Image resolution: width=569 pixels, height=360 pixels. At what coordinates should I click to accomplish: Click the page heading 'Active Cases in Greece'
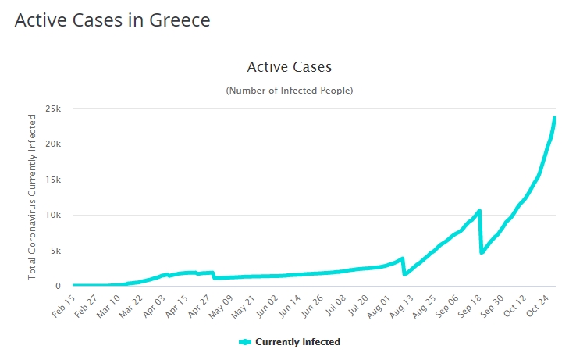coord(112,20)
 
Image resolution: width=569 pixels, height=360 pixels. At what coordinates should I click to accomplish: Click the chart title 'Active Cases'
coord(290,67)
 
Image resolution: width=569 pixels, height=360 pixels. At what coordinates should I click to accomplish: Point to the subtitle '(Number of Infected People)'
coord(290,91)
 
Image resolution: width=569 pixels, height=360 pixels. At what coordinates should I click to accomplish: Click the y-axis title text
coord(32,197)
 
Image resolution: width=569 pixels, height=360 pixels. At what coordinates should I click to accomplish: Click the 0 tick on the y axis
coord(57,287)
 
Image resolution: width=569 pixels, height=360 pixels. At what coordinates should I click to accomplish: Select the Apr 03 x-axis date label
coord(155,305)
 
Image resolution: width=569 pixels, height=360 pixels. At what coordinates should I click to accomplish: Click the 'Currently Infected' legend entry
coord(290,342)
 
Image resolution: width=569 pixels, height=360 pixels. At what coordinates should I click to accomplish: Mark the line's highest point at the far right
coord(554,118)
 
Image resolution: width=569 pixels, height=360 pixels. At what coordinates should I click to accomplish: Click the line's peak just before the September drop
coord(479,210)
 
